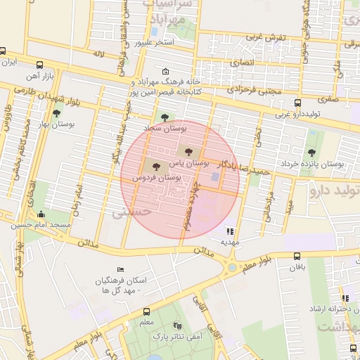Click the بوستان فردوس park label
pos(157,179)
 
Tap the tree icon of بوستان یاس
pos(187,150)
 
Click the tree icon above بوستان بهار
pos(56,112)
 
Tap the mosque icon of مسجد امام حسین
pos(41,214)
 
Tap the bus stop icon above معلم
pos(146,311)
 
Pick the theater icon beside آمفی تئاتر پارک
pos(177,326)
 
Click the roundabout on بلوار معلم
pos(231,267)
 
